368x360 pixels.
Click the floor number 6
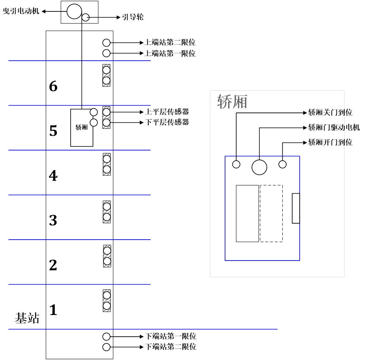[x=53, y=86]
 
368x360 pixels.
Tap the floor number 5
[x=53, y=131]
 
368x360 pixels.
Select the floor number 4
[x=53, y=176]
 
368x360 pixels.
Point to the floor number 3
[x=53, y=220]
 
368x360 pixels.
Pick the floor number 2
[x=53, y=265]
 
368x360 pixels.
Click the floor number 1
[x=53, y=310]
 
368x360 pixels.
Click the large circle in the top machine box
[x=74, y=11]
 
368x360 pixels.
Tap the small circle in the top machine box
[x=85, y=17]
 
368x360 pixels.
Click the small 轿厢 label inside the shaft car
[x=81, y=127]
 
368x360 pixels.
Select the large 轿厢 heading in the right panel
[x=233, y=102]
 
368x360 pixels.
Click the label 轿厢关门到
[x=326, y=113]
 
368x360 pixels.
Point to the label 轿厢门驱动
[x=326, y=127]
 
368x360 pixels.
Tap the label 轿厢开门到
[x=326, y=142]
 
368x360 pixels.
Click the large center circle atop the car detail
[x=259, y=167]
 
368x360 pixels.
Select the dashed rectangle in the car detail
[x=271, y=213]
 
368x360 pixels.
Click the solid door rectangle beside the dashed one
[x=247, y=213]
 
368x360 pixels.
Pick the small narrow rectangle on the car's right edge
[x=296, y=208]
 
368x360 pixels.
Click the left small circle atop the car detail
[x=236, y=164]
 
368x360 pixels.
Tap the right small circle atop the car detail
[x=282, y=164]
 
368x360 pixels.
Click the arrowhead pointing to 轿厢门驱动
[x=305, y=127]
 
